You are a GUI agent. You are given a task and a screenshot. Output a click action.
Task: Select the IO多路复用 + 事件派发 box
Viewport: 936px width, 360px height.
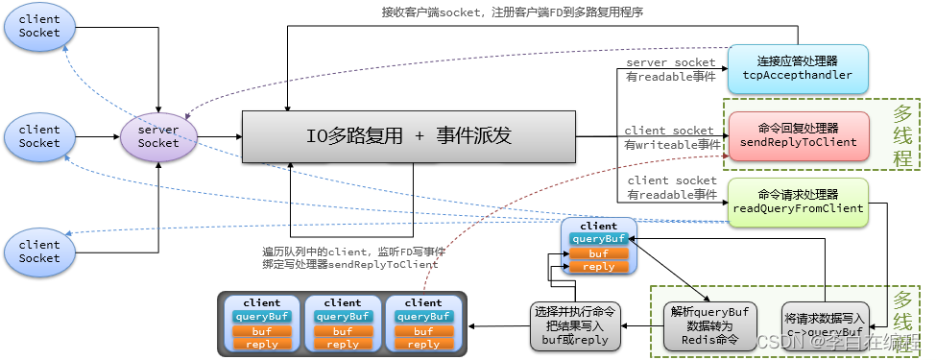(x=408, y=135)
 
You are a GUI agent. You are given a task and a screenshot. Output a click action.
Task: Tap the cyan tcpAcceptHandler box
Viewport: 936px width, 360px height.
(x=797, y=69)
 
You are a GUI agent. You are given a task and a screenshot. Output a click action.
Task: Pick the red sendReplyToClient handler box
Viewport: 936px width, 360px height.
(x=797, y=135)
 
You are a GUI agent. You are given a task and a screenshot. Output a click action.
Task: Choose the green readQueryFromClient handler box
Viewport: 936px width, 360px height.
(x=797, y=202)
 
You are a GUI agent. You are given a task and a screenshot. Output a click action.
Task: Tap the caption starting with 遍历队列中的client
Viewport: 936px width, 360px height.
(x=349, y=256)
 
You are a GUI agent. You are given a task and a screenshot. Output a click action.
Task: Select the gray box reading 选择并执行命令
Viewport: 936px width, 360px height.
(x=575, y=326)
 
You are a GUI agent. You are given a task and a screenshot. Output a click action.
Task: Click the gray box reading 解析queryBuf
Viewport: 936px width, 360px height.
(x=709, y=326)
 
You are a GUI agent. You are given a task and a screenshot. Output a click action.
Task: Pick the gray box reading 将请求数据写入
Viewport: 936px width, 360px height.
(x=825, y=326)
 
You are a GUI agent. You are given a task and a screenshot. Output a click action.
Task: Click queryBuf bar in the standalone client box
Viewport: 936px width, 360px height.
(x=599, y=239)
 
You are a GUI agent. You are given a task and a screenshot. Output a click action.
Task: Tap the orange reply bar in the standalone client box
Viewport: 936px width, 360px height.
(x=599, y=267)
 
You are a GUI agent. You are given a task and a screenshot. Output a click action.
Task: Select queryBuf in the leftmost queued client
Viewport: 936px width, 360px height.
(x=262, y=316)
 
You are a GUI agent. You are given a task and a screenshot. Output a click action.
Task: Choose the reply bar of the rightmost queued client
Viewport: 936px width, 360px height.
(x=423, y=344)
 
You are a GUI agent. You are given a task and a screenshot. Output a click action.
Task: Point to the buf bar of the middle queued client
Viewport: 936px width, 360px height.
(x=343, y=330)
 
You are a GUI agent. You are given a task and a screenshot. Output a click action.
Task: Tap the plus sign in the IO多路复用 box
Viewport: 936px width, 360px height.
(x=419, y=136)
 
